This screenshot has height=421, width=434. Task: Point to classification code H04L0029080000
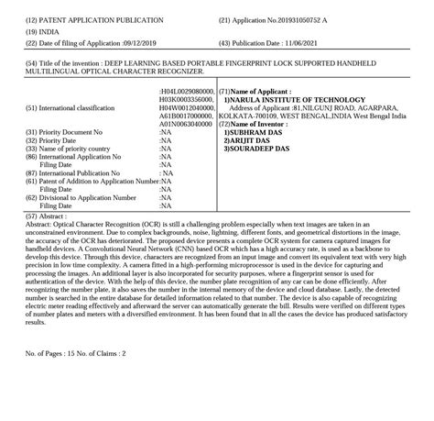click(187, 92)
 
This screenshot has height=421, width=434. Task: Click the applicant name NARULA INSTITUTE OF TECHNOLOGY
click(299, 99)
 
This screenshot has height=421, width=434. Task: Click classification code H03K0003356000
click(187, 100)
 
